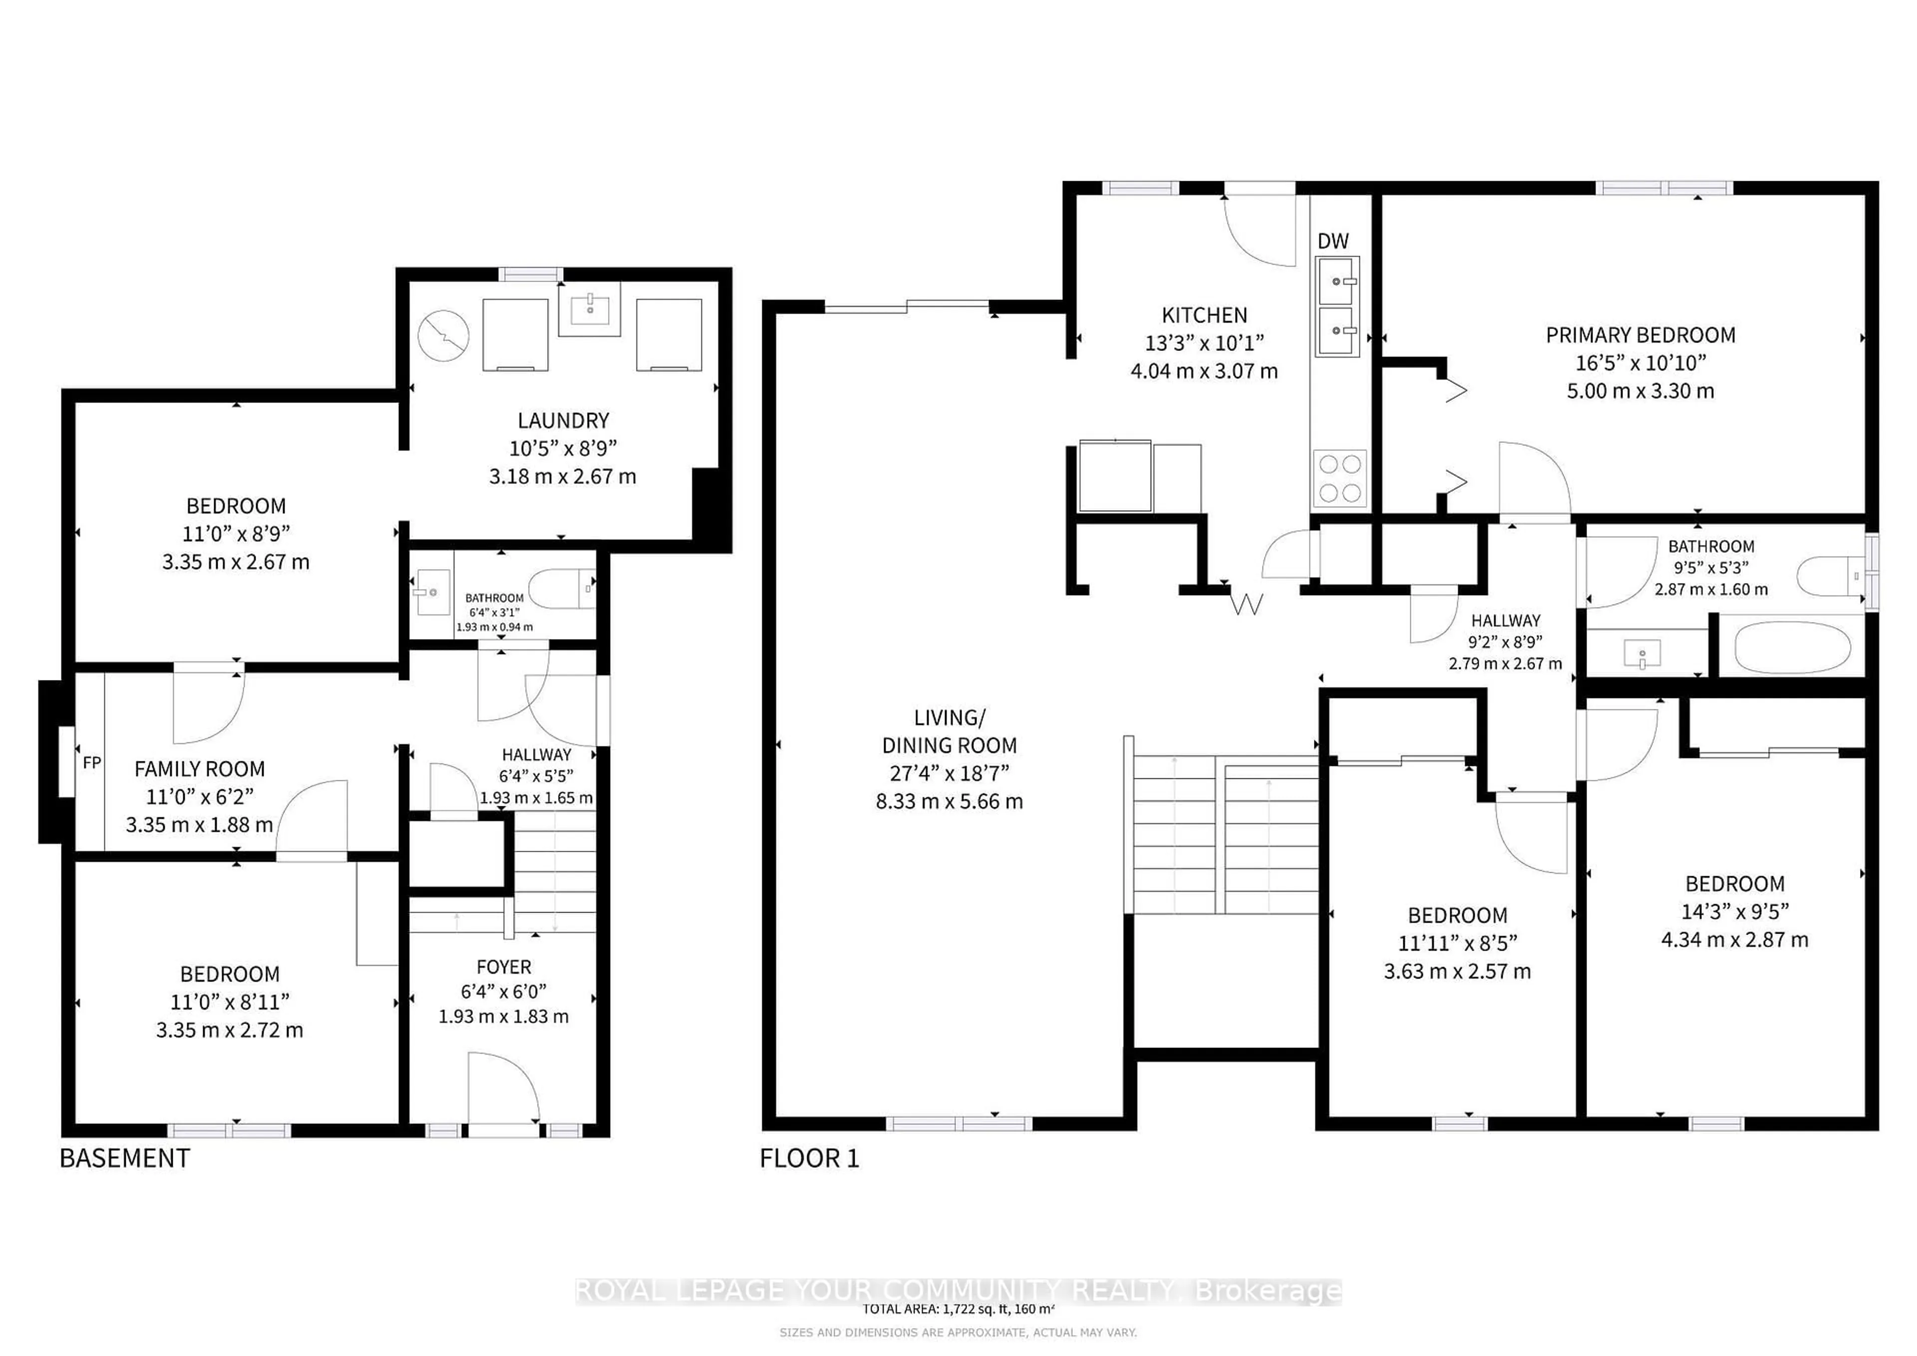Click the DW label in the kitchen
(x=1332, y=241)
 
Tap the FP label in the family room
(x=92, y=762)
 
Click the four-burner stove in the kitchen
(x=1340, y=478)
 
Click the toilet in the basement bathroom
(x=563, y=589)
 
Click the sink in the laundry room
(x=590, y=309)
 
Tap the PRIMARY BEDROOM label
(x=1640, y=335)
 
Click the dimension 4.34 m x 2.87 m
(x=1734, y=939)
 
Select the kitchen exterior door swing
(x=1259, y=231)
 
